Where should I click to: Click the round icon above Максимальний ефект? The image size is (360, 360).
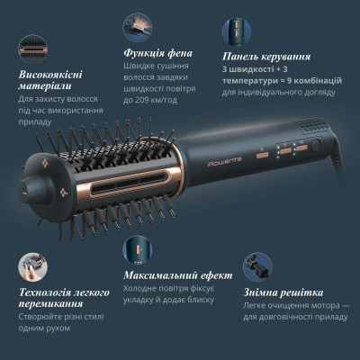pos(138,247)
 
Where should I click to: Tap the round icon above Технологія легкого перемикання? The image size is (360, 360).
pos(33,266)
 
